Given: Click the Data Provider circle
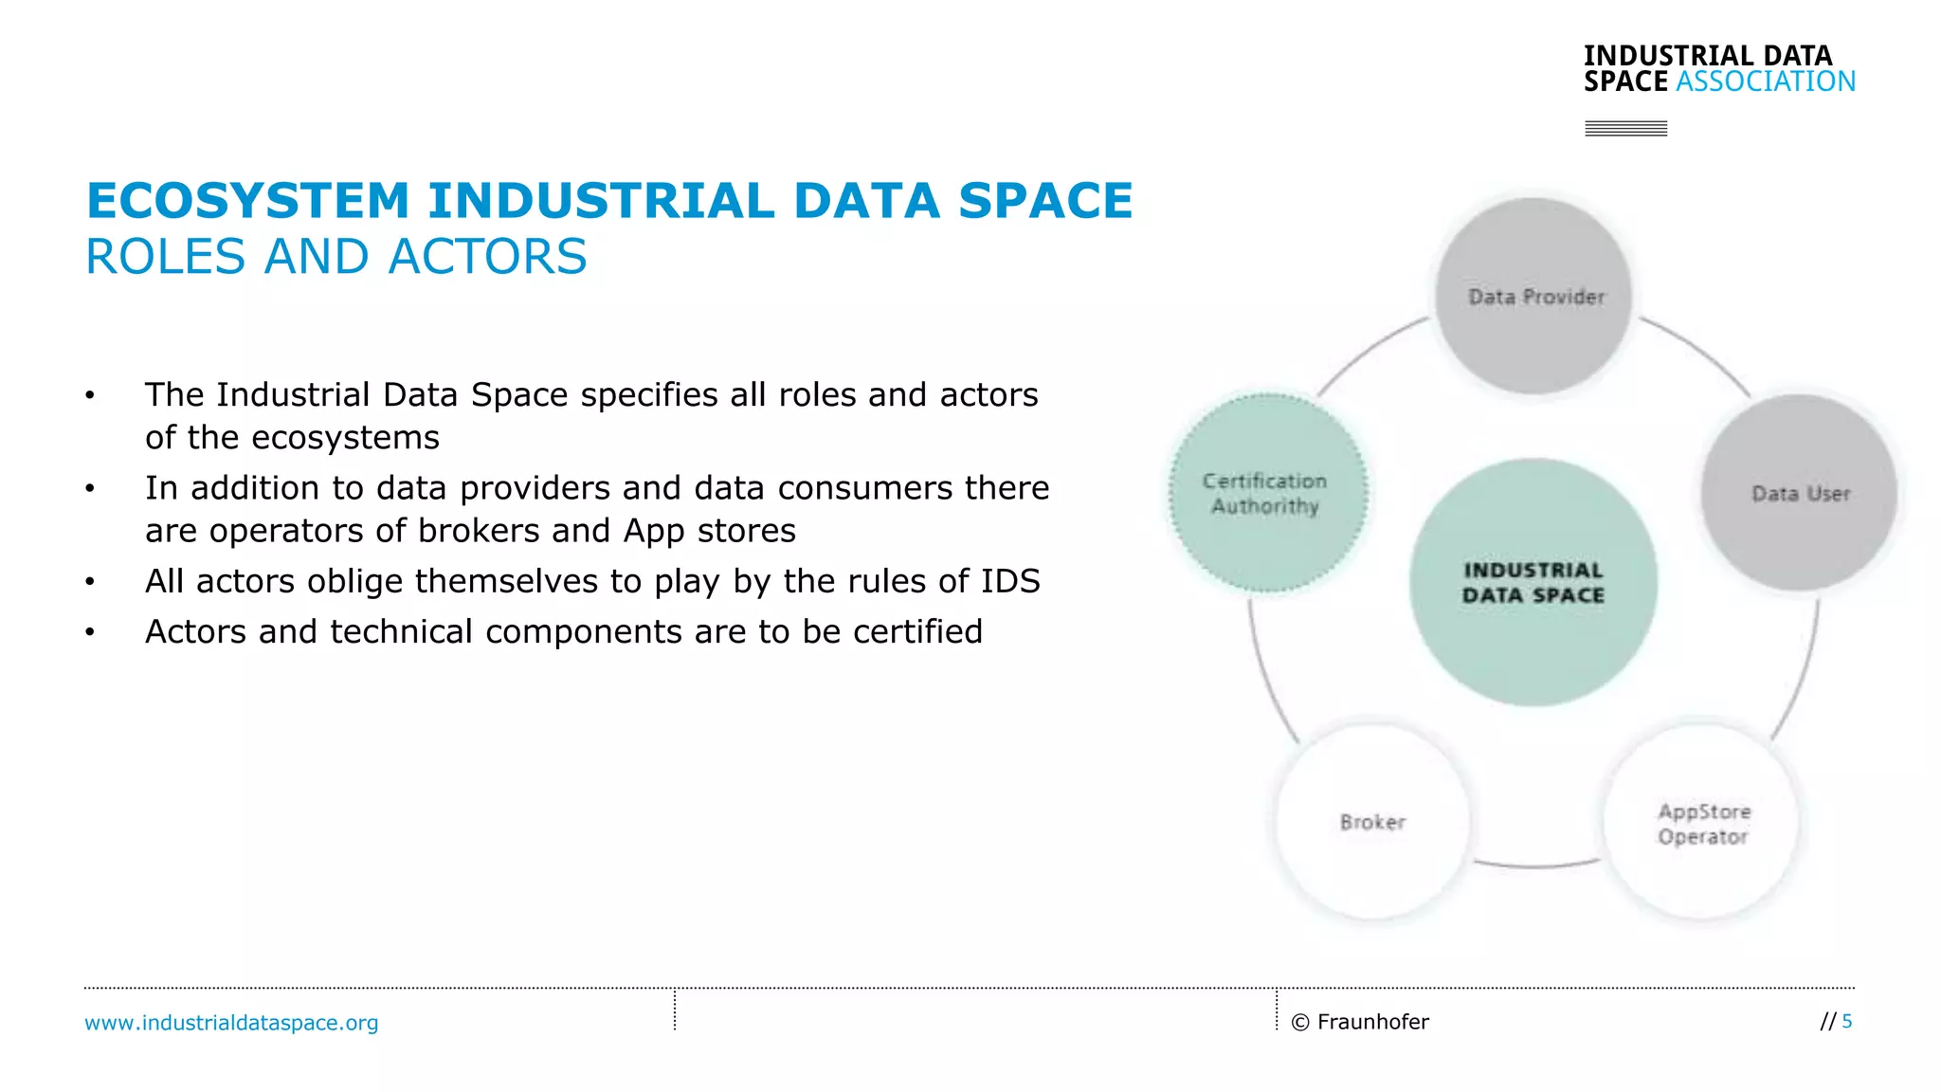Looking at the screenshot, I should point(1533,296).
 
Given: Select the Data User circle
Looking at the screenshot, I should point(1799,493).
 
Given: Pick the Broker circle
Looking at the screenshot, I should point(1372,822).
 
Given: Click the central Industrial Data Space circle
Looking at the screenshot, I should point(1533,582).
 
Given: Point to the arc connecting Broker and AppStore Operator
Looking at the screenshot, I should point(1535,865).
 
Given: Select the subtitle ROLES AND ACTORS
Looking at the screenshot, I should point(336,257).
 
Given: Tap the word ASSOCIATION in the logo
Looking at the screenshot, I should point(1765,82).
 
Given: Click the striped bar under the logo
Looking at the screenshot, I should point(1625,128).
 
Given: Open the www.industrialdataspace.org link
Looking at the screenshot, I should point(231,1023).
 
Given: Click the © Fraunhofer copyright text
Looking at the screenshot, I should point(1360,1022).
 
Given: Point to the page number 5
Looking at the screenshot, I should point(1846,1021).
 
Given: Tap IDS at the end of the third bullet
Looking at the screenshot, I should point(1010,581).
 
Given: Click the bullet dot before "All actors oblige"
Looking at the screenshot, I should point(90,581).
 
